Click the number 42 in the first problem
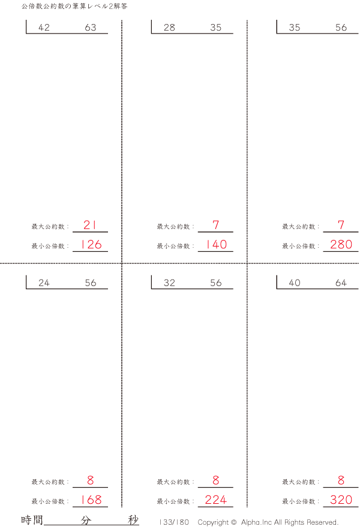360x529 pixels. tap(44, 28)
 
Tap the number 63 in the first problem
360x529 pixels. tap(91, 28)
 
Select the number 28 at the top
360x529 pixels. tap(169, 28)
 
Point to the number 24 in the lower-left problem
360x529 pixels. tap(44, 282)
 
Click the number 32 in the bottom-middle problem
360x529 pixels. tap(169, 282)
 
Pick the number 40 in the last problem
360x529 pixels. tap(295, 282)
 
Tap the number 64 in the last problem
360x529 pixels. tap(341, 282)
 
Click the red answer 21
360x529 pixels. tap(90, 225)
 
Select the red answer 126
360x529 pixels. tap(91, 245)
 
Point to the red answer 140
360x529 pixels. tap(216, 245)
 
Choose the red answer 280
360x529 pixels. tap(341, 245)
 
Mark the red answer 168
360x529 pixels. tap(91, 500)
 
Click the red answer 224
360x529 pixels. tap(216, 500)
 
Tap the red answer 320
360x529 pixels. tap(341, 500)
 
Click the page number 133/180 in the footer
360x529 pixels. tap(174, 522)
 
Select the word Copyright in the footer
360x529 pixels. tap(213, 522)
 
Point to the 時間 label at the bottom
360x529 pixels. tap(32, 520)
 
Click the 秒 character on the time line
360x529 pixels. tap(133, 520)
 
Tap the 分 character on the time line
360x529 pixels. tap(86, 520)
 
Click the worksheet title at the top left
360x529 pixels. tap(74, 6)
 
